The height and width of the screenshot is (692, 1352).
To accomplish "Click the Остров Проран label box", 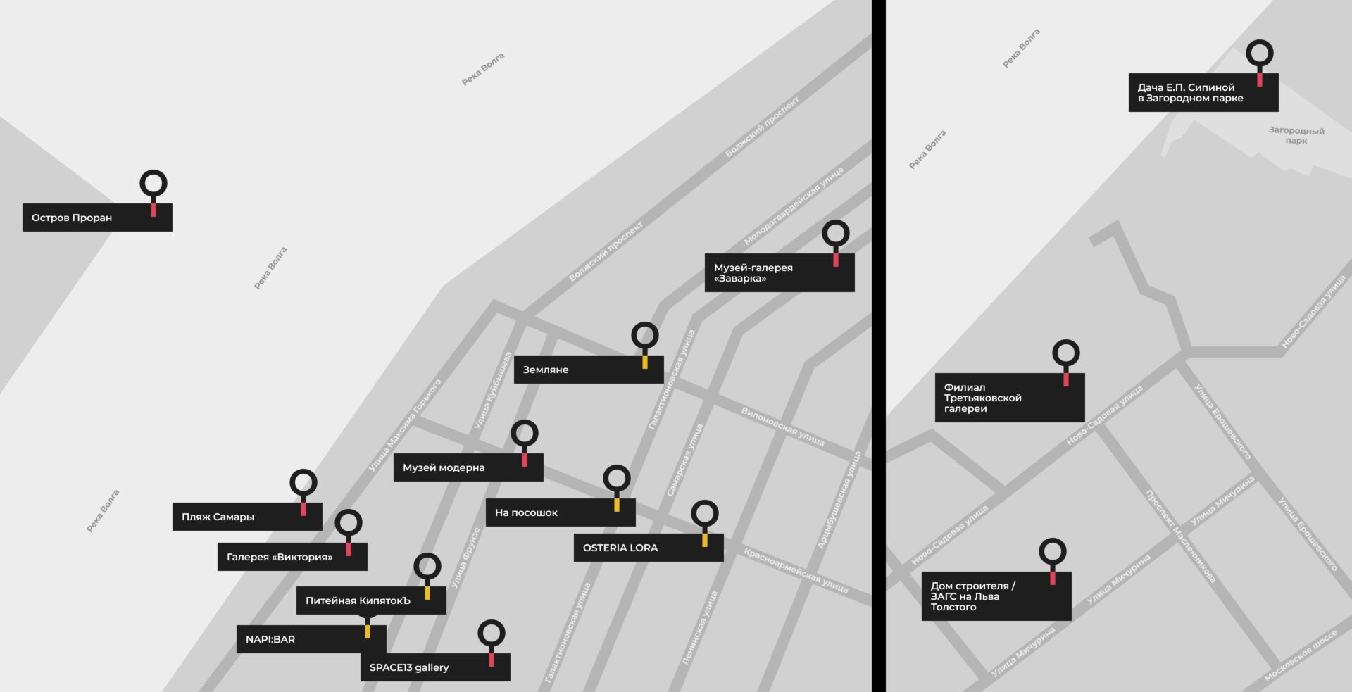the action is pos(97,218).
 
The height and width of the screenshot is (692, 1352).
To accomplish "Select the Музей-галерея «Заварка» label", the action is pos(780,272).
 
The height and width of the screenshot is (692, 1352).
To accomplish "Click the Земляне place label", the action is pos(589,370).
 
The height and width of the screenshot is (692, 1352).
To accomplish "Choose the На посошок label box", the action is pos(561,512).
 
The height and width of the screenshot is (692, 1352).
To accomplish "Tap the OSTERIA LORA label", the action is pos(649,548).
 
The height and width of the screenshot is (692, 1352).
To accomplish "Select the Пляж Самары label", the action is pos(247,517).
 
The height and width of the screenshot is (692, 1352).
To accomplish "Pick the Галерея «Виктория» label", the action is pos(292,557).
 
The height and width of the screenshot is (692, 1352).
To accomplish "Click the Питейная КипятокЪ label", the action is pos(371,600).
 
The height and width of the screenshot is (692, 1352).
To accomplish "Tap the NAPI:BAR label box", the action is pos(311,639).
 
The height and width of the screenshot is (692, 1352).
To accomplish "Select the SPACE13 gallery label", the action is pos(435,667).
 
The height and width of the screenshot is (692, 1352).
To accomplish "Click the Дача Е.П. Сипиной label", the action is pos(1203,92).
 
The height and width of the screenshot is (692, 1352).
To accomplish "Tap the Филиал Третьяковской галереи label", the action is pos(1010,398).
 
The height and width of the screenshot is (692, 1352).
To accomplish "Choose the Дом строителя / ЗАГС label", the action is pos(996,596).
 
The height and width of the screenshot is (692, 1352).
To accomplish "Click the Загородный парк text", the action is pos(1296,135).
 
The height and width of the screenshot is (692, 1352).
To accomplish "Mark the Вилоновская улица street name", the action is pos(782,426).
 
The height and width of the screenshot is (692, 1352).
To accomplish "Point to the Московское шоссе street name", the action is pos(1301,655).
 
